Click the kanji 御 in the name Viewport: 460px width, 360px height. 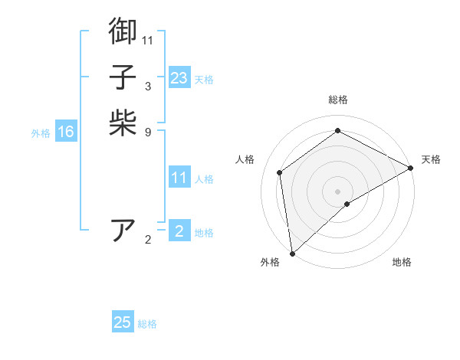click(123, 31)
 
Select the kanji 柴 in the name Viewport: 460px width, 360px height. click(123, 123)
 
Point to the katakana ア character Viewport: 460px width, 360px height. click(123, 231)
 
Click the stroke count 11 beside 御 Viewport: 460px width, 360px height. click(148, 40)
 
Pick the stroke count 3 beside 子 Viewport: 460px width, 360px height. click(148, 86)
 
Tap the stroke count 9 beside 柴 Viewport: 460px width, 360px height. click(148, 132)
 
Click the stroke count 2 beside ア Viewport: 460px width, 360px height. click(148, 240)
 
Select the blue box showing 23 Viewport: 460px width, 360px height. click(179, 78)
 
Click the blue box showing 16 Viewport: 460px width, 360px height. click(66, 132)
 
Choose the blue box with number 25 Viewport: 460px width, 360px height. click(123, 322)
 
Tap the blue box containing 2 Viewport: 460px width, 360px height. click(179, 231)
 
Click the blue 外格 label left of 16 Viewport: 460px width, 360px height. click(41, 133)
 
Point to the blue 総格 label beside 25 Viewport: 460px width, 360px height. click(147, 324)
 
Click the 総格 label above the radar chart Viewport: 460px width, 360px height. click(337, 100)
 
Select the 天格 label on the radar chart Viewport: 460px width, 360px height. click(431, 159)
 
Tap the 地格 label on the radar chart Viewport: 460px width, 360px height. click(402, 262)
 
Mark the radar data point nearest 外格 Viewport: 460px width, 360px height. click(292, 253)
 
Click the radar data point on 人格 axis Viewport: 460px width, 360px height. click(280, 172)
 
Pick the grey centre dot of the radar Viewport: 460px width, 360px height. click(337, 191)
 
